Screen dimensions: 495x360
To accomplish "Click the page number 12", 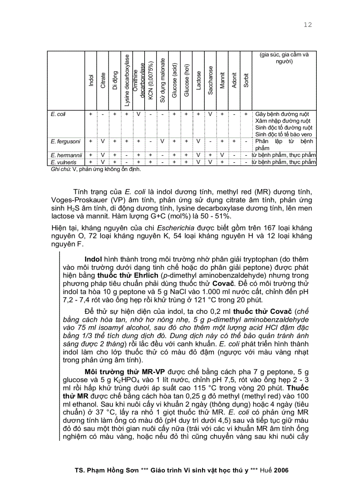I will click(307, 25).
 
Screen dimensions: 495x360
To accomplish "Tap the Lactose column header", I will click(199, 80).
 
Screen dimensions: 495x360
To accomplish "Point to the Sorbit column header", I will click(246, 80).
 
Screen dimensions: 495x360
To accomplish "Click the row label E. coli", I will click(58, 114).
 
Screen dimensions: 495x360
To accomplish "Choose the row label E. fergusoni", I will click(64, 141).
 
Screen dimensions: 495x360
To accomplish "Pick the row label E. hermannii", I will click(64, 155).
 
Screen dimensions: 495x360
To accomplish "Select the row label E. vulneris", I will click(62, 162).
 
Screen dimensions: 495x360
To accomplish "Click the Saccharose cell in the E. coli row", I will click(210, 114).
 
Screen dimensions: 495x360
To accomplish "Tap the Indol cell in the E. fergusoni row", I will click(91, 141).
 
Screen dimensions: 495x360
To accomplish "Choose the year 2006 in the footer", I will click(281, 470).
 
